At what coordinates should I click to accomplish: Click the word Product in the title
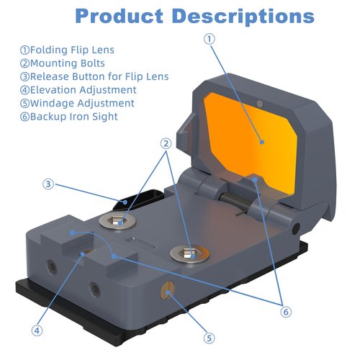pyautogui.click(x=119, y=16)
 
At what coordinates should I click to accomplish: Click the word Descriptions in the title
pyautogui.click(x=243, y=17)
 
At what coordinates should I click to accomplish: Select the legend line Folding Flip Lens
pyautogui.click(x=67, y=50)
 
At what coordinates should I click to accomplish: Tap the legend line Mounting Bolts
pyautogui.click(x=63, y=63)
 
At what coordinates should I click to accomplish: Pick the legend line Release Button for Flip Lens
pyautogui.click(x=94, y=76)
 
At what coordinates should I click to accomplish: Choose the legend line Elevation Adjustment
pyautogui.click(x=78, y=90)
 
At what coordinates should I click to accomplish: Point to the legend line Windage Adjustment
pyautogui.click(x=77, y=103)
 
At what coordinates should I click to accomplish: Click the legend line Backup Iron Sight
pyautogui.click(x=69, y=117)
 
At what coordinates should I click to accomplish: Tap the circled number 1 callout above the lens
pyautogui.click(x=210, y=39)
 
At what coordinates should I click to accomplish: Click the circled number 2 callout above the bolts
pyautogui.click(x=166, y=143)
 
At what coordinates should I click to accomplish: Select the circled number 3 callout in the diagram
pyautogui.click(x=48, y=184)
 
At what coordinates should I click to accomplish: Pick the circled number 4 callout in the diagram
pyautogui.click(x=37, y=330)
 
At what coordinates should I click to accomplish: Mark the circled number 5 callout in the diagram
pyautogui.click(x=210, y=338)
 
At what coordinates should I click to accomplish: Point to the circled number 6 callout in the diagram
pyautogui.click(x=286, y=312)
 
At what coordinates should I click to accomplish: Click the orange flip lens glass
pyautogui.click(x=250, y=142)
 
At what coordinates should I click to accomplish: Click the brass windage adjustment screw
pyautogui.click(x=168, y=289)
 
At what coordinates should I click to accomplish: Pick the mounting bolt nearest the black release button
pyautogui.click(x=117, y=221)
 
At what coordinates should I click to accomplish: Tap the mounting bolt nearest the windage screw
pyautogui.click(x=189, y=254)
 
